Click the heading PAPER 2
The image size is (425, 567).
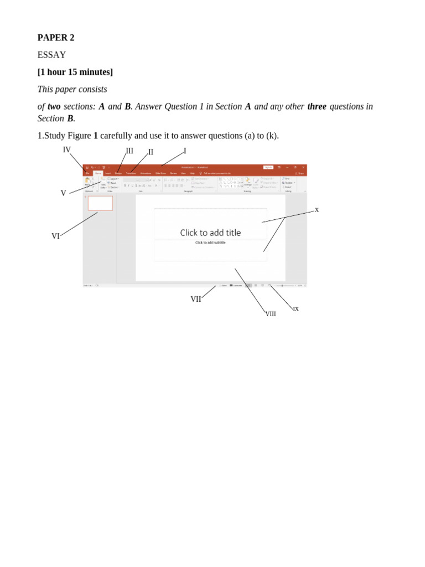point(55,38)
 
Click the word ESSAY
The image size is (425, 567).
point(51,55)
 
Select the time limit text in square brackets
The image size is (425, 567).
point(75,72)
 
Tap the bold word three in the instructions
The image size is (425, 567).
point(317,106)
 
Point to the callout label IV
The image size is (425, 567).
point(66,150)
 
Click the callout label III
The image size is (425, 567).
point(129,151)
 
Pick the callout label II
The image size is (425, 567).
point(151,152)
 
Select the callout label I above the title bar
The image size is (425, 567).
point(185,151)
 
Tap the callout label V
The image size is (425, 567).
point(63,193)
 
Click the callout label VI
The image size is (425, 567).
point(55,236)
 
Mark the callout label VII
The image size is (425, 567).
point(196,299)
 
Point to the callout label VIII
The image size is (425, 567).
point(271,314)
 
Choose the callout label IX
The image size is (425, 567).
point(296,309)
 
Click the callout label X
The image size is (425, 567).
point(317,210)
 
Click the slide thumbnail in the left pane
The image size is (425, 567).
point(100,203)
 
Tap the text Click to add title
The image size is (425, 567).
point(210,233)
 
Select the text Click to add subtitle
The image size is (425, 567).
point(210,243)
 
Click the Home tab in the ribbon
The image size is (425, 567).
point(98,173)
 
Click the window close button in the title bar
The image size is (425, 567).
point(303,167)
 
